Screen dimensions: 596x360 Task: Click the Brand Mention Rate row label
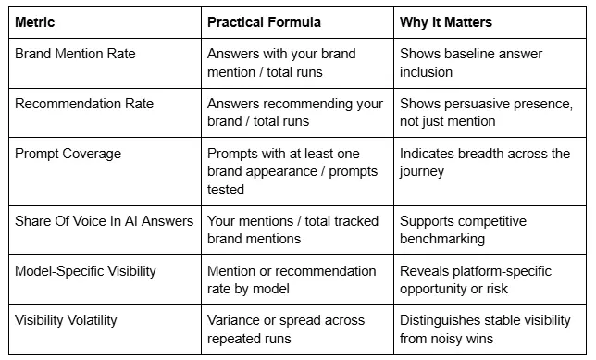click(x=75, y=54)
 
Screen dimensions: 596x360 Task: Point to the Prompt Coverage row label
click(x=68, y=154)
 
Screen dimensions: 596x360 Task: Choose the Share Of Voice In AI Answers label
click(x=103, y=220)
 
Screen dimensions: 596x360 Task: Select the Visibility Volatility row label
click(x=72, y=321)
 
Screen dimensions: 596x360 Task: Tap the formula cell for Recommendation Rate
click(x=293, y=112)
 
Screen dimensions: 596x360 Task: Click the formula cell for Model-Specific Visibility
click(x=292, y=279)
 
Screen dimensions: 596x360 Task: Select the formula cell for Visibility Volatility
click(x=286, y=329)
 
